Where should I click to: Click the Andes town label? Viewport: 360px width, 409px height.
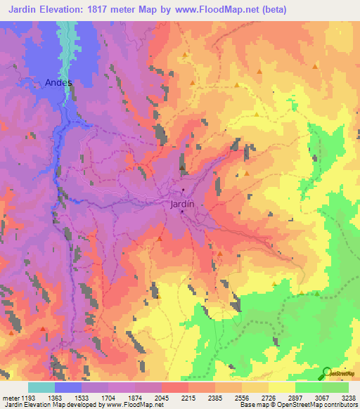(58, 82)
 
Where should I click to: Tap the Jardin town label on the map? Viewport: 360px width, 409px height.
(182, 204)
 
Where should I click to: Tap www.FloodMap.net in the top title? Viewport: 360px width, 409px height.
(220, 9)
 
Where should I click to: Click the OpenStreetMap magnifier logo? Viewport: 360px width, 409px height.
(326, 373)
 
